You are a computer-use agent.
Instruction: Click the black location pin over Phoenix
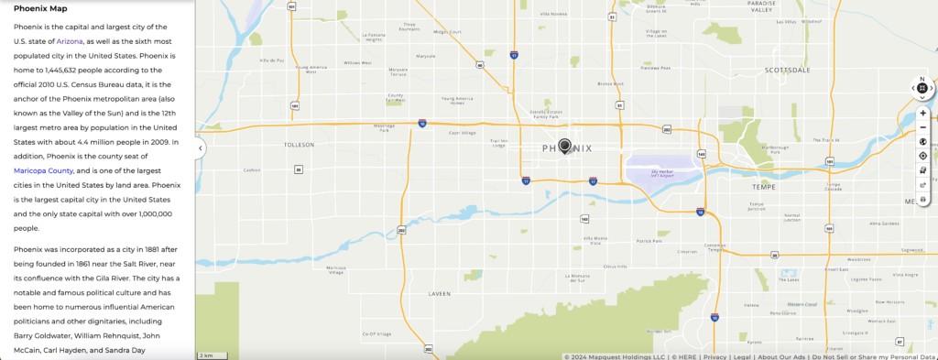[x=565, y=146]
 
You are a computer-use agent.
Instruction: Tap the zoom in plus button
[x=922, y=113]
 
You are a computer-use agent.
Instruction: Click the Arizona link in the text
[x=71, y=41]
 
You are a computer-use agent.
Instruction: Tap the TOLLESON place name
[x=300, y=145]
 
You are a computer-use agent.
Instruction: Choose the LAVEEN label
[x=440, y=294]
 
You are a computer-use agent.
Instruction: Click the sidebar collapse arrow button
[x=200, y=148]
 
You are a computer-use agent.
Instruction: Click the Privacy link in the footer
[x=715, y=356]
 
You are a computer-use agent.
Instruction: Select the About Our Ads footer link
[x=781, y=356]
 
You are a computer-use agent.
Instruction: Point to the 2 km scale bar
[x=207, y=355]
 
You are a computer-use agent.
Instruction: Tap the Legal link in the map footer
[x=742, y=356]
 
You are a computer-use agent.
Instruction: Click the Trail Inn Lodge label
[x=499, y=143]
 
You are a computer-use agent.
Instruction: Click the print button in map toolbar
[x=922, y=198]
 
